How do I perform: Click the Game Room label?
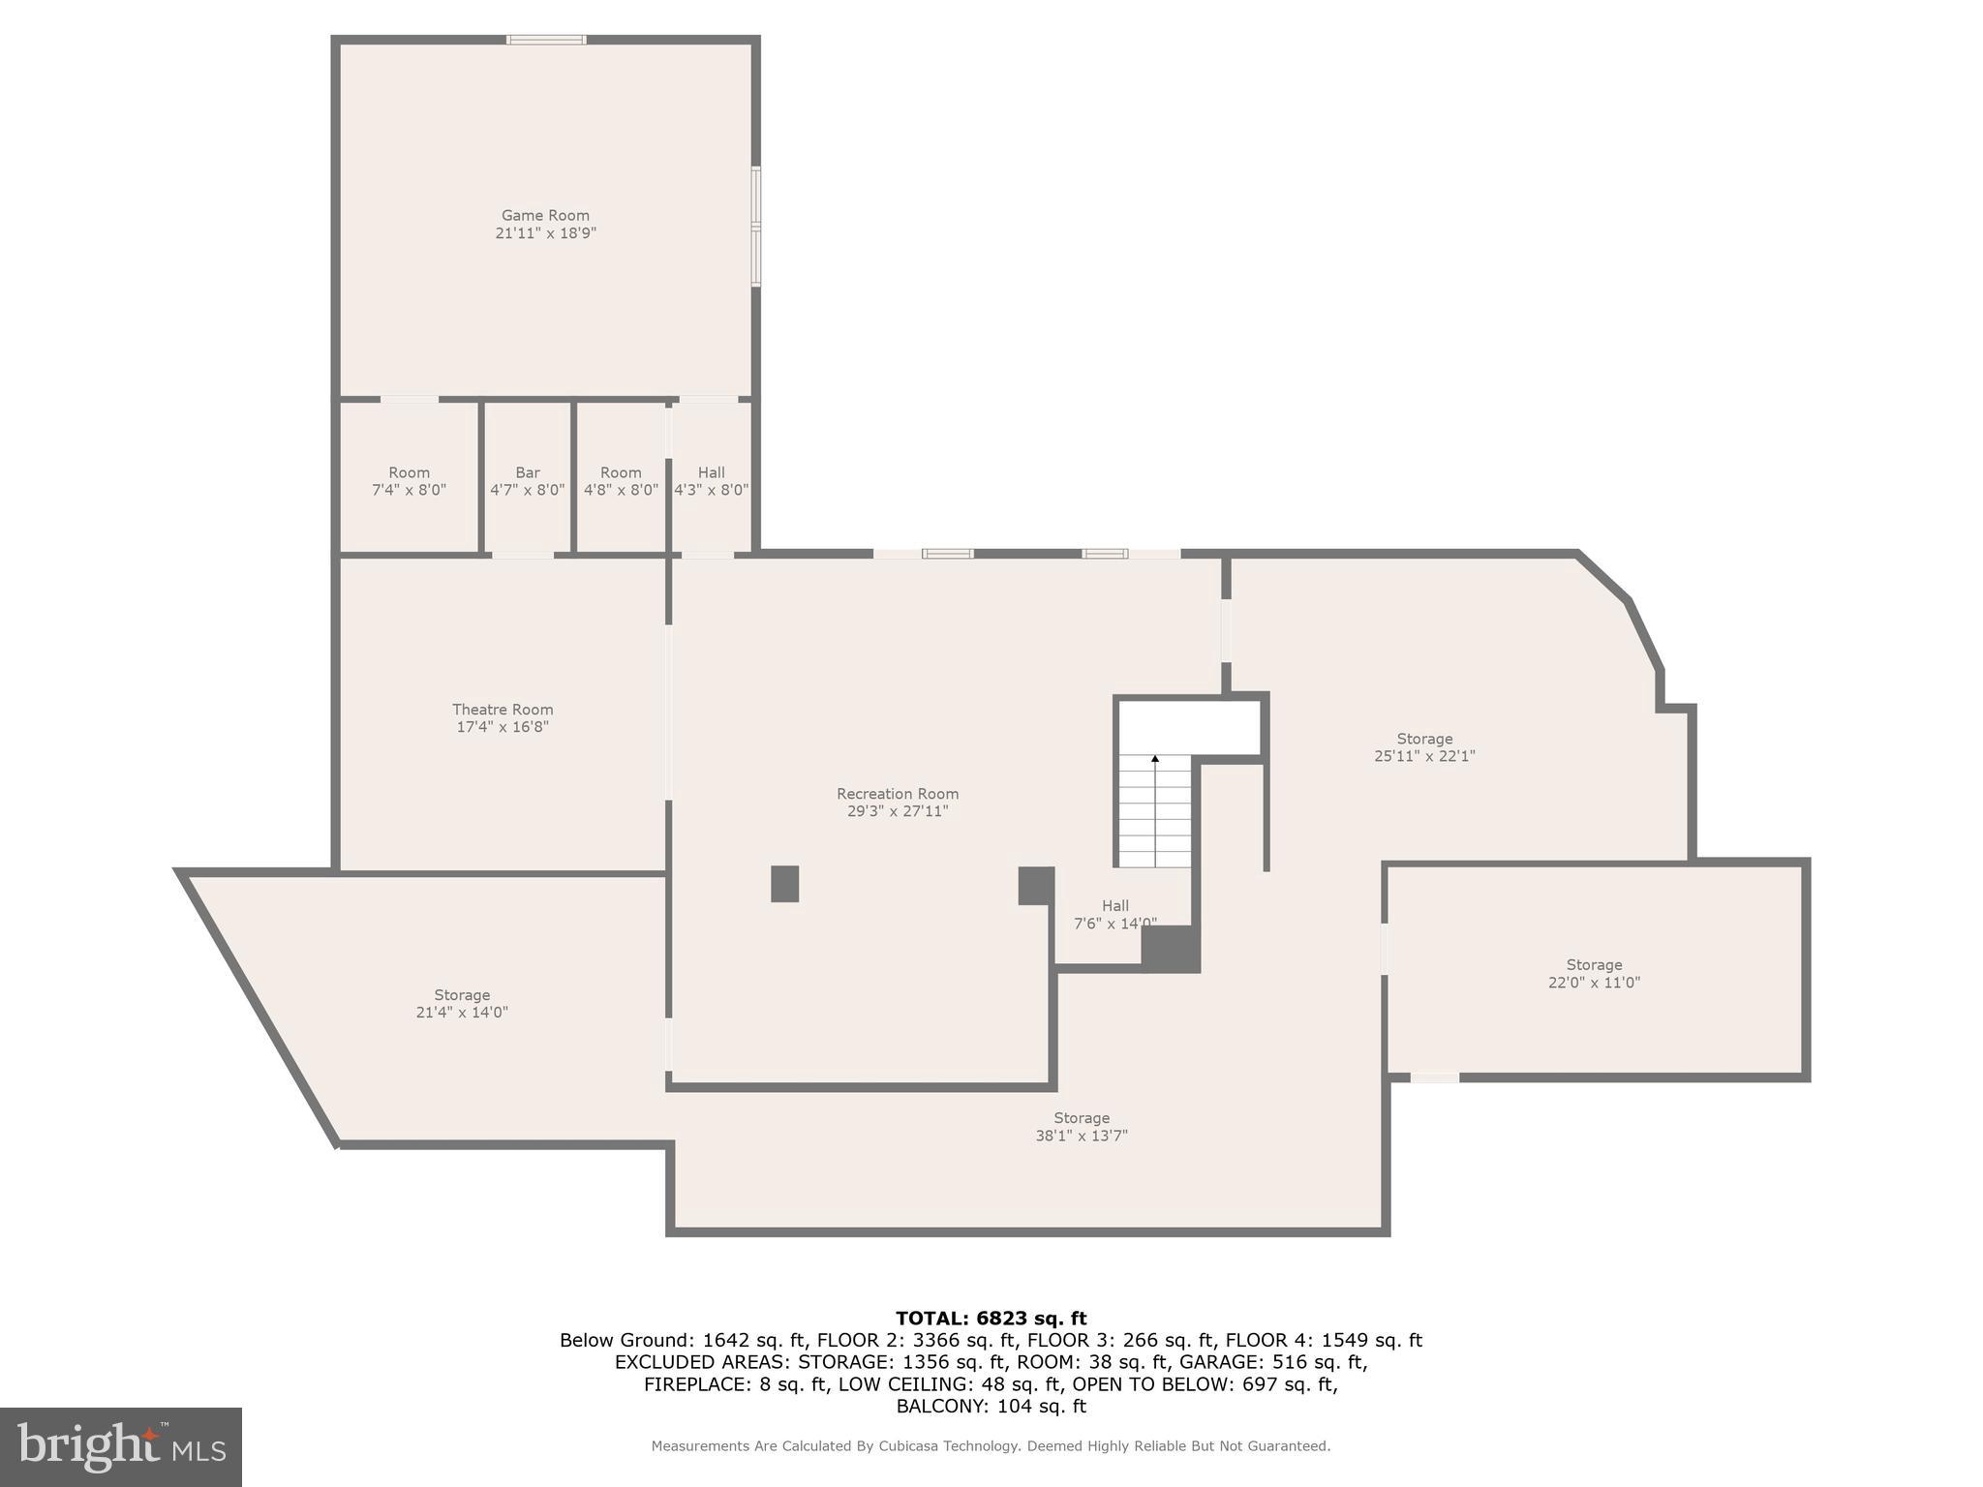(x=545, y=216)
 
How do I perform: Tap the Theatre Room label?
(x=503, y=710)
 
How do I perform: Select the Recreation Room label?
(x=898, y=794)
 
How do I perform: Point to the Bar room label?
(x=528, y=472)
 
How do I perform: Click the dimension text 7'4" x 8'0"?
(x=409, y=490)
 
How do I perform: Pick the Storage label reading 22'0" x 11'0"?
(x=1594, y=965)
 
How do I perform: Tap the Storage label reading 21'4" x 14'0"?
(x=462, y=995)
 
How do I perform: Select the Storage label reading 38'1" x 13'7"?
(x=1082, y=1118)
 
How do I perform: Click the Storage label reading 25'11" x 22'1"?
(x=1424, y=740)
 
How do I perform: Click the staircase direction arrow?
(x=1155, y=761)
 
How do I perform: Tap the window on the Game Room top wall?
(x=546, y=40)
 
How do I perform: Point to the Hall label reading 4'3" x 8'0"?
(x=712, y=472)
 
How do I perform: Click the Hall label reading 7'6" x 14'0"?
(x=1115, y=906)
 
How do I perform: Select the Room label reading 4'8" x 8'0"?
(x=621, y=472)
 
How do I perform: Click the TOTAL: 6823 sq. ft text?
(x=991, y=1318)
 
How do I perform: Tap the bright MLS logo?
(x=120, y=1446)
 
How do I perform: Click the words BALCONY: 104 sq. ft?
(x=991, y=1406)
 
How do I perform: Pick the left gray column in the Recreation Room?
(x=784, y=884)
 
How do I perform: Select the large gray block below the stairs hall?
(x=1171, y=949)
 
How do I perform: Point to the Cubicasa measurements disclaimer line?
(x=991, y=1446)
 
